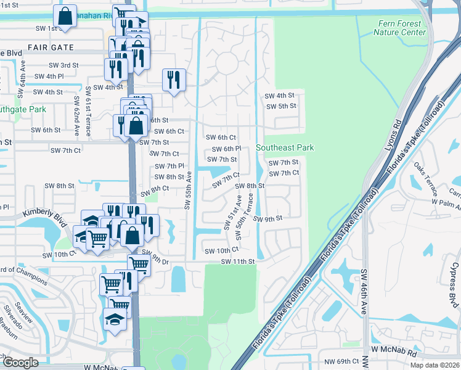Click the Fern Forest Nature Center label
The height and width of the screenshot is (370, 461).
click(x=401, y=28)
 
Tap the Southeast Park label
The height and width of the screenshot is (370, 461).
click(x=285, y=147)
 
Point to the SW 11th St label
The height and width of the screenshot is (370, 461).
click(x=238, y=261)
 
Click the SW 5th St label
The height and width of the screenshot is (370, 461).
click(x=280, y=106)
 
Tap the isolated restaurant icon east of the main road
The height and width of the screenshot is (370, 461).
click(x=174, y=80)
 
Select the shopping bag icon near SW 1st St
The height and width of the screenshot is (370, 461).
click(x=65, y=16)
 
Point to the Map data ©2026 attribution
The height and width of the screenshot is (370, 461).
click(x=434, y=365)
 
